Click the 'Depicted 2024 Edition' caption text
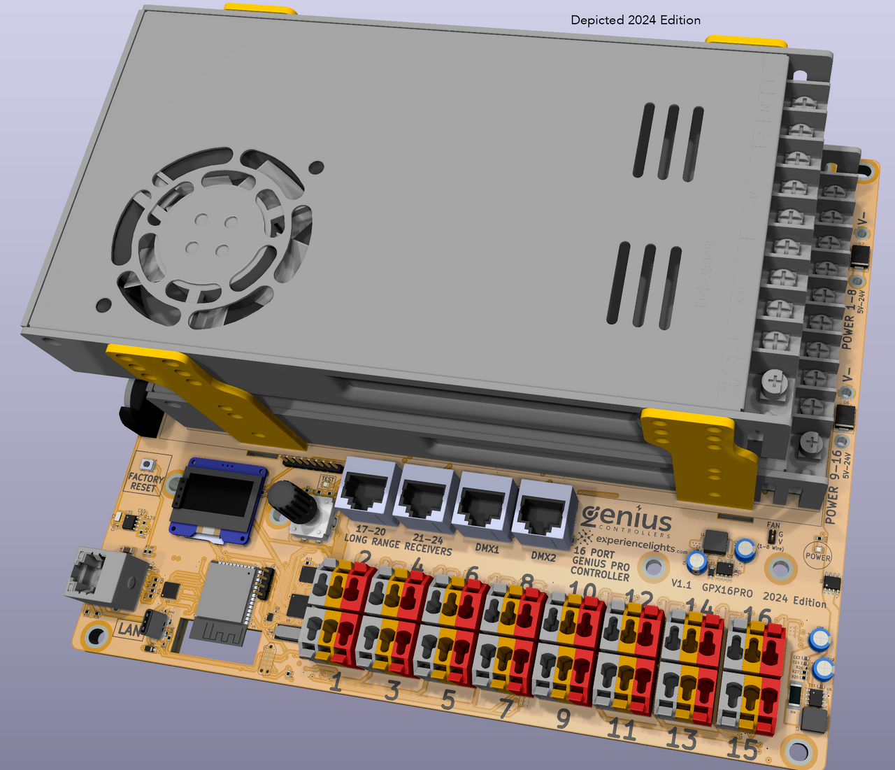pyautogui.click(x=636, y=20)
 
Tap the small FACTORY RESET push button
pyautogui.click(x=147, y=465)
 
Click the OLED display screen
pyautogui.click(x=218, y=498)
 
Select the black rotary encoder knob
pyautogui.click(x=287, y=499)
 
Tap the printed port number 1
pyautogui.click(x=336, y=683)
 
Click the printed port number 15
pyautogui.click(x=741, y=749)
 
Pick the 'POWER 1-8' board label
pyautogui.click(x=847, y=318)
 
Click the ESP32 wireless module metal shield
pyautogui.click(x=225, y=592)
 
